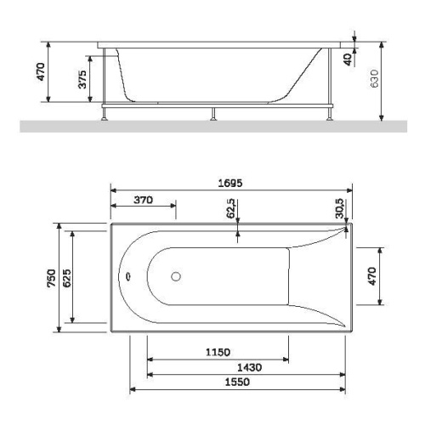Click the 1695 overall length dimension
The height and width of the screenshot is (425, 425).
tap(230, 184)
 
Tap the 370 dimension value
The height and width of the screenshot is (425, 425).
tap(144, 200)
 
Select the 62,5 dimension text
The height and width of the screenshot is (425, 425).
tap(231, 208)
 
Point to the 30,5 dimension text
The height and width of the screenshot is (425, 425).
tap(339, 208)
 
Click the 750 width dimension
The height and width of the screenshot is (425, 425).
tap(52, 278)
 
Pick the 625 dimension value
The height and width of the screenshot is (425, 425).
tap(67, 278)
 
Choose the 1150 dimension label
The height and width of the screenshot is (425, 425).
tap(218, 352)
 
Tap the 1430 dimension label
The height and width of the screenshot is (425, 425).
tap(249, 367)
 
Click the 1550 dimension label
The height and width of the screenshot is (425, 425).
tap(237, 382)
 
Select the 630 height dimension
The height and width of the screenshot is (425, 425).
tap(374, 78)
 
